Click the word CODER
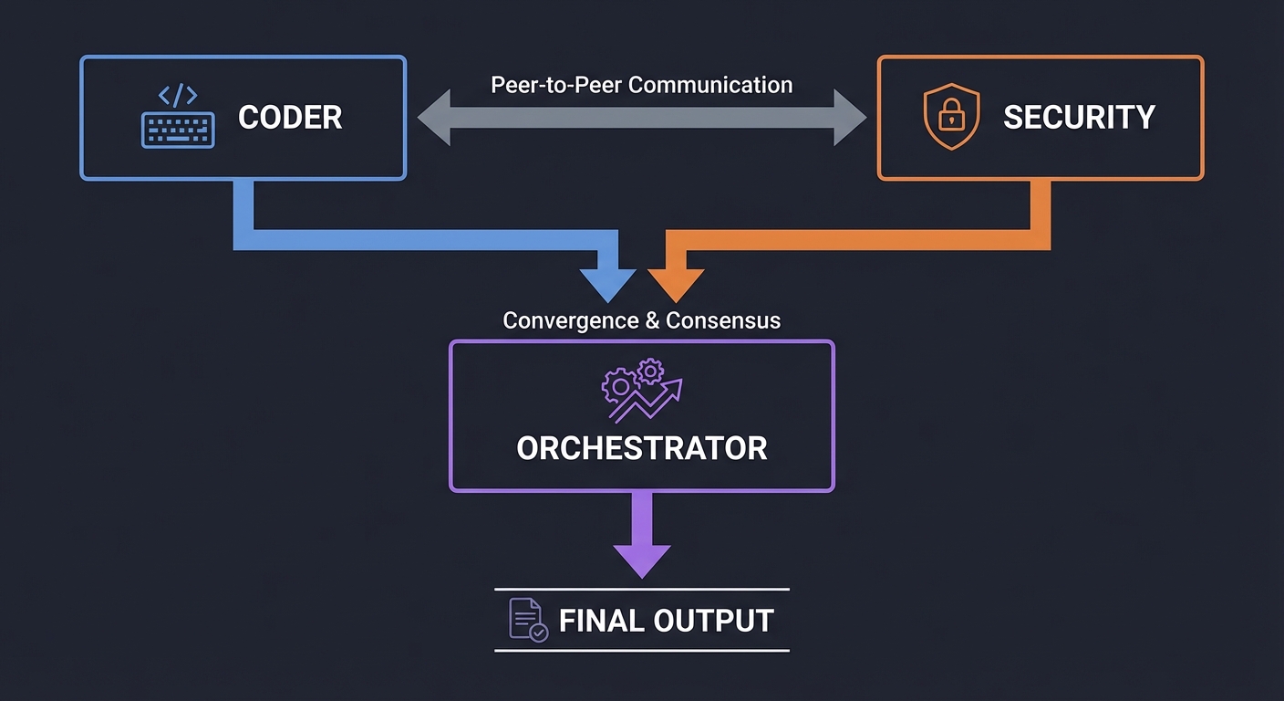(290, 118)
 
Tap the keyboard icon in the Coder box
(178, 130)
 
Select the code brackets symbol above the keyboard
(178, 96)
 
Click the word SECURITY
(1079, 118)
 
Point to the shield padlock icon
(951, 117)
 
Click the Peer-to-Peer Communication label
(641, 85)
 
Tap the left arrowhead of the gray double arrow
(435, 119)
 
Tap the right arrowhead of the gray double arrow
(849, 119)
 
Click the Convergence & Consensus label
(641, 321)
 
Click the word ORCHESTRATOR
(641, 448)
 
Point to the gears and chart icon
(641, 391)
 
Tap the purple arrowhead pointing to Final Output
(641, 560)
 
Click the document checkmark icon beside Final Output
(527, 620)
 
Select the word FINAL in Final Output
(601, 621)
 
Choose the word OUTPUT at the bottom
(714, 621)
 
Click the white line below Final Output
(641, 651)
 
